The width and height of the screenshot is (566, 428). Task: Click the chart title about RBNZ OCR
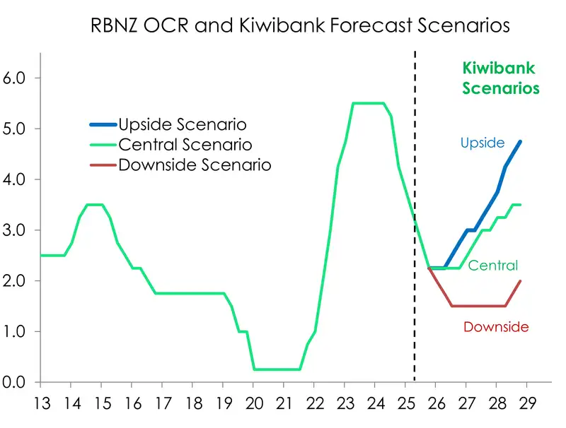coord(301,25)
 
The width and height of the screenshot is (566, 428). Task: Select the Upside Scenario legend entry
coord(182,124)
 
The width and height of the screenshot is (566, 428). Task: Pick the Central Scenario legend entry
coord(185,145)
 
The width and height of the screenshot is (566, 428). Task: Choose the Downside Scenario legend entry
coord(194,165)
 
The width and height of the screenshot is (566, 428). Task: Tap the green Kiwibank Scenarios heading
coord(498,78)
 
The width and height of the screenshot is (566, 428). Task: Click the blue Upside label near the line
coord(482,143)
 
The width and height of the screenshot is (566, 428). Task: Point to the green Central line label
coord(492,266)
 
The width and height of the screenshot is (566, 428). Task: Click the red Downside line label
coord(496,327)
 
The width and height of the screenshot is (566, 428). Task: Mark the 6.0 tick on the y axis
coord(15,78)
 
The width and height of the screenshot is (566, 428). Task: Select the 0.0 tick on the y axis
coord(15,382)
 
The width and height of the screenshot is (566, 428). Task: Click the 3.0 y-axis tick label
coord(15,230)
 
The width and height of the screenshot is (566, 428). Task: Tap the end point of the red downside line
coord(521,281)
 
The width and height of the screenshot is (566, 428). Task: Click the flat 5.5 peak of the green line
coord(368,103)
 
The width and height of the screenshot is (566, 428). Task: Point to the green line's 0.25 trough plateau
coord(277,369)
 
